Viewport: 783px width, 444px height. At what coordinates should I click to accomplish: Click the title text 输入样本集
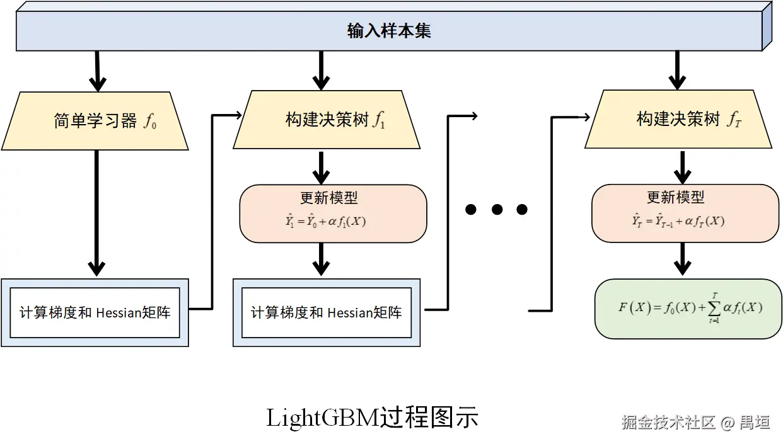(x=389, y=31)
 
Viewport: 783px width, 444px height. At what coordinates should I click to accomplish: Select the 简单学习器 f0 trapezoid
(x=96, y=120)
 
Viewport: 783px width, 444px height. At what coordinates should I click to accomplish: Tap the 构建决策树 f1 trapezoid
(x=327, y=120)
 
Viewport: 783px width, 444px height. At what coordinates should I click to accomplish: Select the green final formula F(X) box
(x=688, y=309)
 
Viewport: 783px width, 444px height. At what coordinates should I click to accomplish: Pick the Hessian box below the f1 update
(x=327, y=312)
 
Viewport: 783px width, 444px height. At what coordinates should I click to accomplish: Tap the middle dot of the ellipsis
(x=497, y=210)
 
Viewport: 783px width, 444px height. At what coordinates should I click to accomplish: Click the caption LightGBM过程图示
(x=372, y=418)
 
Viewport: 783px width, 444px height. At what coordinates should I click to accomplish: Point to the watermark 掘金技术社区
(x=668, y=422)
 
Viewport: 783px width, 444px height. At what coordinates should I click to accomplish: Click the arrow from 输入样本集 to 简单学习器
(x=97, y=71)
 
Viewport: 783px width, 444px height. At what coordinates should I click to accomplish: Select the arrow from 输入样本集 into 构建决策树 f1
(x=322, y=71)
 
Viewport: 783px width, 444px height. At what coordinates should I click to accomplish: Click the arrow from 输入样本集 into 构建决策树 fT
(x=677, y=71)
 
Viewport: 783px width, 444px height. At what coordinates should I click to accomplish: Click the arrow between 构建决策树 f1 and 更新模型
(x=322, y=168)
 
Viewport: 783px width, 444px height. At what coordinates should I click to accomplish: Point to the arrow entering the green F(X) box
(x=680, y=259)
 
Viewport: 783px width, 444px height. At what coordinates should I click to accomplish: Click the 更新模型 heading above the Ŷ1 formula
(x=328, y=198)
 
